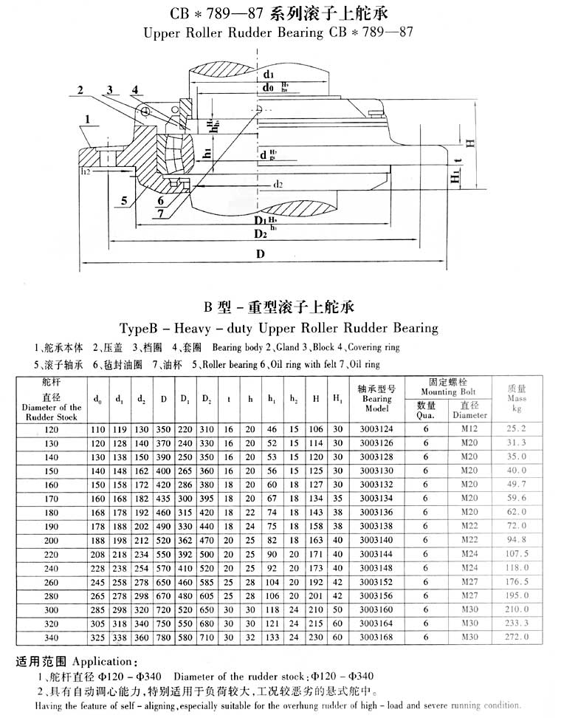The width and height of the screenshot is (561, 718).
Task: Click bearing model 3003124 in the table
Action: pos(376,428)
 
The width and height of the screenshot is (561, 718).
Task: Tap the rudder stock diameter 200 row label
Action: pos(51,541)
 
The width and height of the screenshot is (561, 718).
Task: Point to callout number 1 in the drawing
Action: pos(87,118)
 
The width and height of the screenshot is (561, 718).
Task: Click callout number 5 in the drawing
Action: pos(125,200)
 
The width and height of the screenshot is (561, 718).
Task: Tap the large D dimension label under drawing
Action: pos(261,255)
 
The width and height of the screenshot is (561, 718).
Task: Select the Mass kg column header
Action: pos(517,398)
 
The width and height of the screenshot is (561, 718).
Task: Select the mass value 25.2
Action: pos(517,428)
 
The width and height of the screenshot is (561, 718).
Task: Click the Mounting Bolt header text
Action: pos(449,392)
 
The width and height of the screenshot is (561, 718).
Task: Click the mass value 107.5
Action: pos(517,553)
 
